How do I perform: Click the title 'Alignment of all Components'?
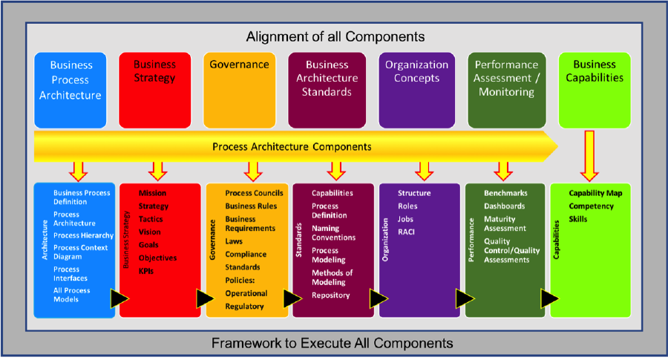click(335, 36)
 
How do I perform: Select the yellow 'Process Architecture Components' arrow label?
click(292, 147)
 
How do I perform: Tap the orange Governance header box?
click(240, 91)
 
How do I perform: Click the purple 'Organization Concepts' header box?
click(416, 91)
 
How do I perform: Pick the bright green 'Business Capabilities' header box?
click(595, 91)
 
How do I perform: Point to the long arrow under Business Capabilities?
click(589, 156)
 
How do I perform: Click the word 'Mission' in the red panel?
click(152, 193)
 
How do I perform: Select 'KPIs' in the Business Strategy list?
click(145, 271)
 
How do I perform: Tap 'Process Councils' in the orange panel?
click(254, 193)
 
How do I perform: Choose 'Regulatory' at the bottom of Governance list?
click(244, 307)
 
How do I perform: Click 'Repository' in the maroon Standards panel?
click(330, 295)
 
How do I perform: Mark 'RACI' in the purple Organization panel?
click(406, 232)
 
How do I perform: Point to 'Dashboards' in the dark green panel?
click(504, 206)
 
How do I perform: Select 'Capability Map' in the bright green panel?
click(595, 193)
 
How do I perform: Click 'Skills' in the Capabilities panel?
click(577, 219)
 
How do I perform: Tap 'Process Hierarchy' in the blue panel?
click(83, 235)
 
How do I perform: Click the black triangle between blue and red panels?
click(119, 298)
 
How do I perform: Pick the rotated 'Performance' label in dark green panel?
click(471, 240)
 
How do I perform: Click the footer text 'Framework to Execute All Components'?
click(333, 344)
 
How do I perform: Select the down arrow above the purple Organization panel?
click(424, 171)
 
